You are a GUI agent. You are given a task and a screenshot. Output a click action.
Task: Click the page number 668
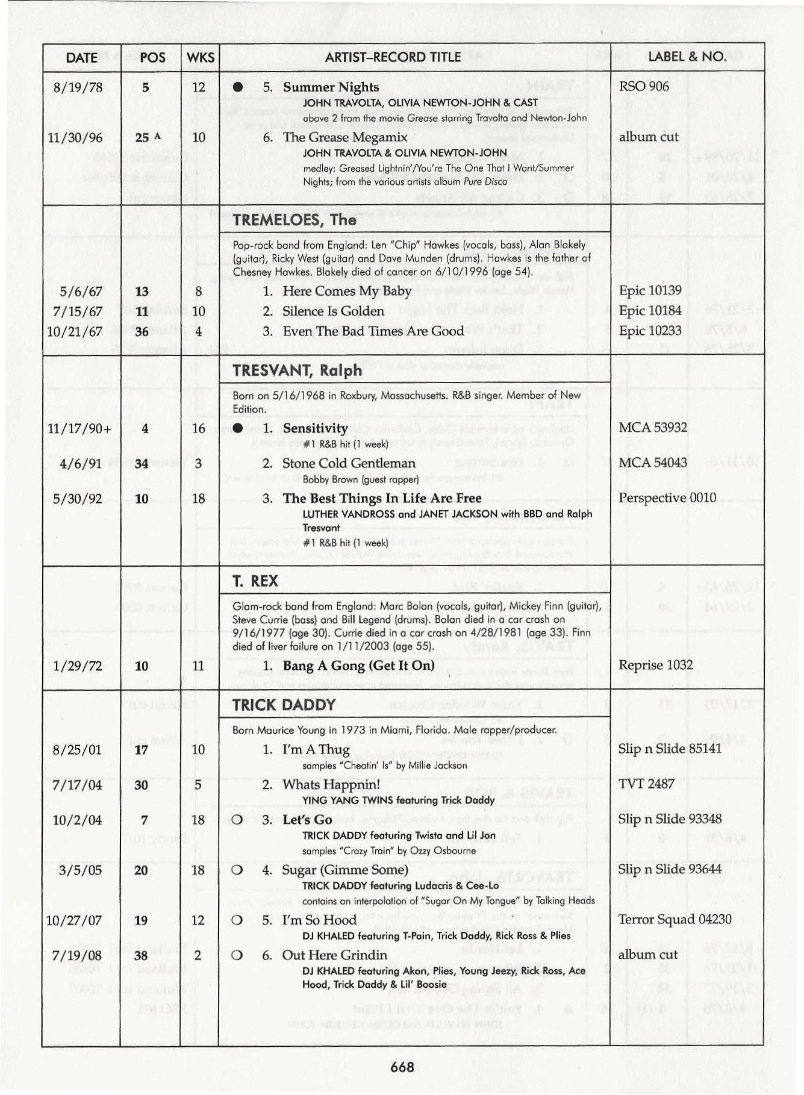(x=402, y=1067)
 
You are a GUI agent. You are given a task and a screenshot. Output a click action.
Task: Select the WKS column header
(x=200, y=57)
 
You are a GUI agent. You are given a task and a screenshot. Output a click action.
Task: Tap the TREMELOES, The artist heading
(x=294, y=220)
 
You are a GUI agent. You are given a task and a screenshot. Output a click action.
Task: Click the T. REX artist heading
(x=255, y=581)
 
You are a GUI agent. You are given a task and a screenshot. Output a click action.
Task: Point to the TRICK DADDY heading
(x=284, y=705)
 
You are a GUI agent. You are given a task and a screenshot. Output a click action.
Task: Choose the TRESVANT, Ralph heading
(x=298, y=370)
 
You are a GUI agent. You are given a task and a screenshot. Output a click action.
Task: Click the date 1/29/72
(x=78, y=666)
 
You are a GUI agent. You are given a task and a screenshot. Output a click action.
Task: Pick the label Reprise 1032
(x=655, y=665)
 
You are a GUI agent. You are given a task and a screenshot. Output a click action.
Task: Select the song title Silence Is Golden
(x=333, y=311)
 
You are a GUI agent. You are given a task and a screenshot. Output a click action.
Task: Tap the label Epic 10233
(x=650, y=331)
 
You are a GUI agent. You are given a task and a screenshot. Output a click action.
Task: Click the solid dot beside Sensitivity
(x=237, y=428)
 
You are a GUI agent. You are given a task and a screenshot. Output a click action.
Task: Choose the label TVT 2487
(x=646, y=784)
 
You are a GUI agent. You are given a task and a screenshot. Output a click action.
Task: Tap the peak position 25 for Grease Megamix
(x=142, y=137)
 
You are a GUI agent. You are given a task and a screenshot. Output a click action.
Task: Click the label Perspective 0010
(x=667, y=498)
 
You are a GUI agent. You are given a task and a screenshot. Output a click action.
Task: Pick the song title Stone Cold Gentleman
(x=349, y=463)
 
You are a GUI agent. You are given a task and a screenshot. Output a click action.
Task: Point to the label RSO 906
(x=643, y=87)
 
